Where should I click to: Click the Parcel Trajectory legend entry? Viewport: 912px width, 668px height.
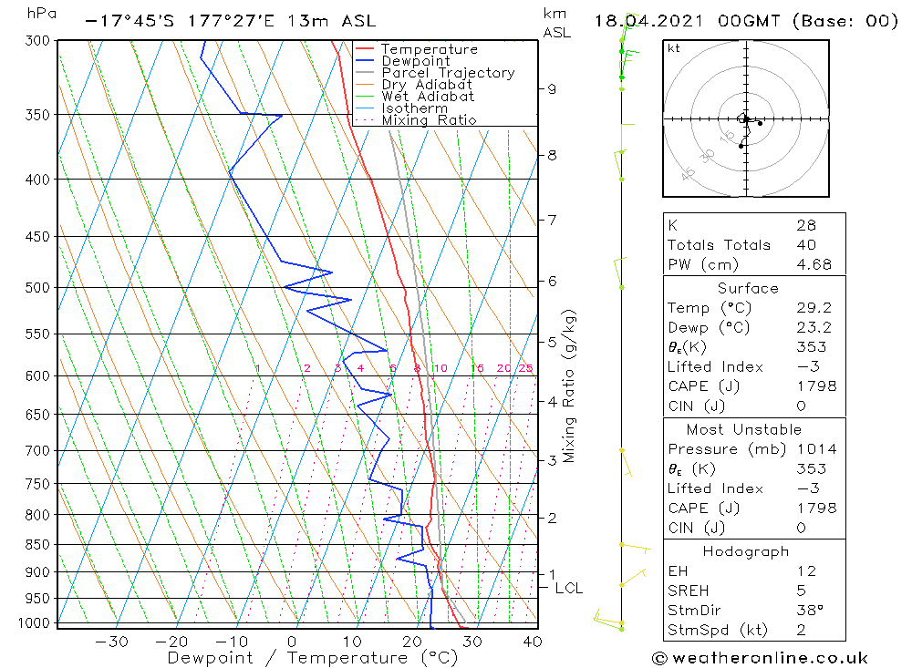[448, 73]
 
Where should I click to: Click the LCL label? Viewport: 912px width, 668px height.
[568, 589]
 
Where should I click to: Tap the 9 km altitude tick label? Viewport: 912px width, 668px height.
[552, 88]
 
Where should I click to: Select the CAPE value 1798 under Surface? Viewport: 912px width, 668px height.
[815, 386]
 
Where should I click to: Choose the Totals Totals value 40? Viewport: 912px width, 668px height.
[804, 244]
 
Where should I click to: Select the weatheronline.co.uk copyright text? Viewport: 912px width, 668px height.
[760, 658]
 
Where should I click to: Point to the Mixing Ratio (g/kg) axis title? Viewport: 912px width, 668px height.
[570, 385]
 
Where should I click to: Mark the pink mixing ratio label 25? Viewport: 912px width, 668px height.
[526, 368]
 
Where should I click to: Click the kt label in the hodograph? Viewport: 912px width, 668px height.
[674, 48]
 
